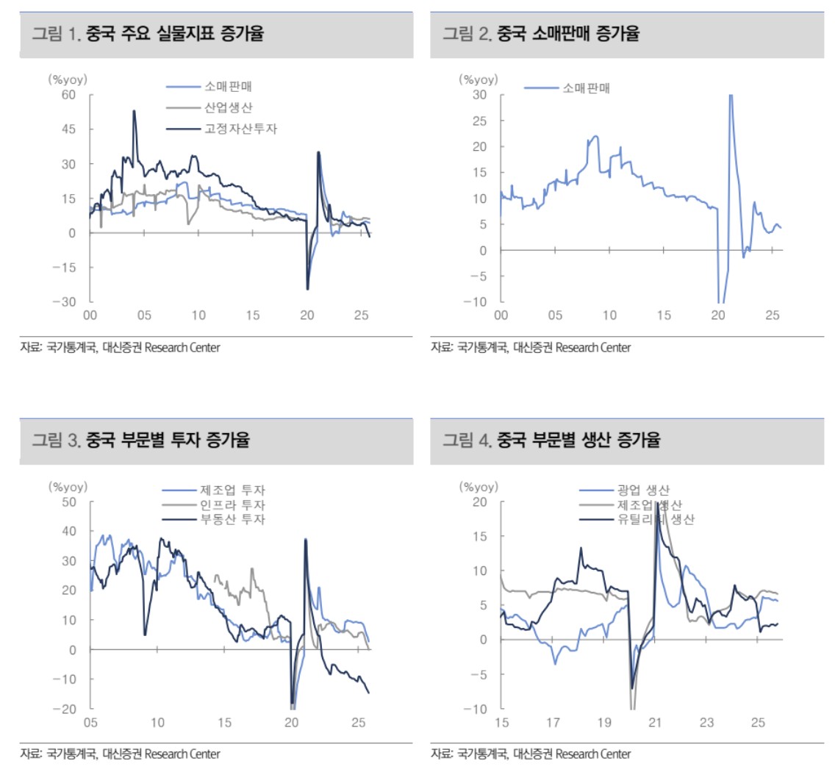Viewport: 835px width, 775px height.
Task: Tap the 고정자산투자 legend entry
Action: tap(241, 129)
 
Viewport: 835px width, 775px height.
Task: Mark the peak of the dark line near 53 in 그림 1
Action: tap(134, 111)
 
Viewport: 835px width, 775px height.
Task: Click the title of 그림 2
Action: tap(540, 34)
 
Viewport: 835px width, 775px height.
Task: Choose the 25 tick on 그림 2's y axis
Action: tap(479, 121)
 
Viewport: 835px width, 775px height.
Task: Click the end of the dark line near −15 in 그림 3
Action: tap(368, 693)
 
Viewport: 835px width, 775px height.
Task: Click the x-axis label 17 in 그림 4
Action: tap(553, 724)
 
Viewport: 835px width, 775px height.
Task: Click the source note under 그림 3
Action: tap(120, 754)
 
